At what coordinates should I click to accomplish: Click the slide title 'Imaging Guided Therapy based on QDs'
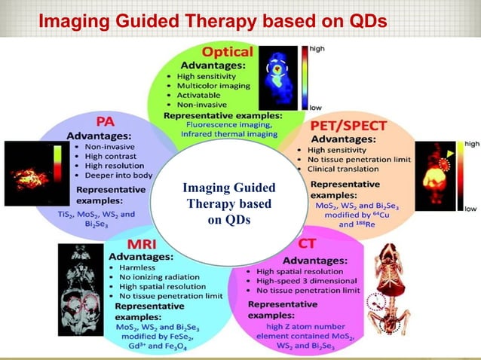213,20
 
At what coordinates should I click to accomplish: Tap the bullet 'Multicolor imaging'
213,87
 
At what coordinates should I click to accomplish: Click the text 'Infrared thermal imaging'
218,136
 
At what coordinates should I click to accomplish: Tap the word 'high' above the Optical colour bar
317,48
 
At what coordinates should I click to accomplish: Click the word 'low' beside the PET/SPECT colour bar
470,209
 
